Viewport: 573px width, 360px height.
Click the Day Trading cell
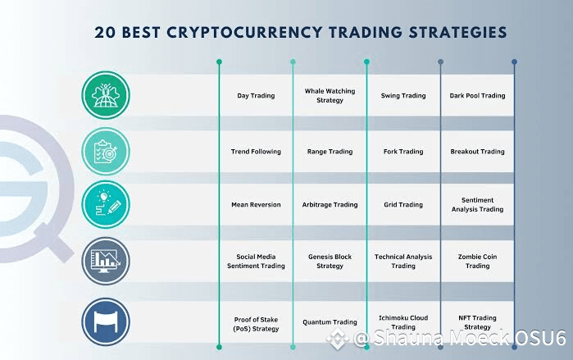coord(256,96)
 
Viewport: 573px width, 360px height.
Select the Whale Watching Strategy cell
coord(330,95)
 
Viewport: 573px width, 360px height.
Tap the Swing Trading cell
coord(403,96)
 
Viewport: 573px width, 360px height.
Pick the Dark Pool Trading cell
coord(477,96)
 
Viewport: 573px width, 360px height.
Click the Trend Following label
coord(256,152)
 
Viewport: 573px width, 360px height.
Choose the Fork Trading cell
coord(403,152)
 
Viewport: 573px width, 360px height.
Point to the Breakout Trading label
coord(477,152)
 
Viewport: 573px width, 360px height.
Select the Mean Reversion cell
coord(256,205)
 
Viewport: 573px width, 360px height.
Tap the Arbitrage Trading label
coord(330,205)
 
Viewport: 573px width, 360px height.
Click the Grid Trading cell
coord(403,205)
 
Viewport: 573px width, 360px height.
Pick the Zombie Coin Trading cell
coord(477,262)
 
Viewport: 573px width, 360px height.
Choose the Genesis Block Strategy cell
coord(330,262)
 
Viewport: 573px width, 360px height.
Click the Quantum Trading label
coord(330,322)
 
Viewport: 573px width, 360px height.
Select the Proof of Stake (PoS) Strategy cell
coord(256,324)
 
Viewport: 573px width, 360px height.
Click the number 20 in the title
coord(105,33)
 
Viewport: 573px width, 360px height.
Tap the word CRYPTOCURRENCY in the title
coord(244,33)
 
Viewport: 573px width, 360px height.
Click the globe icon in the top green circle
coord(106,95)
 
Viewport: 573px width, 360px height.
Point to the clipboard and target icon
coord(106,152)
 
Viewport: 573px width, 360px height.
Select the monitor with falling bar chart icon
coord(106,261)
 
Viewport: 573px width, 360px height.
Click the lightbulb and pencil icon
coord(106,204)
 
